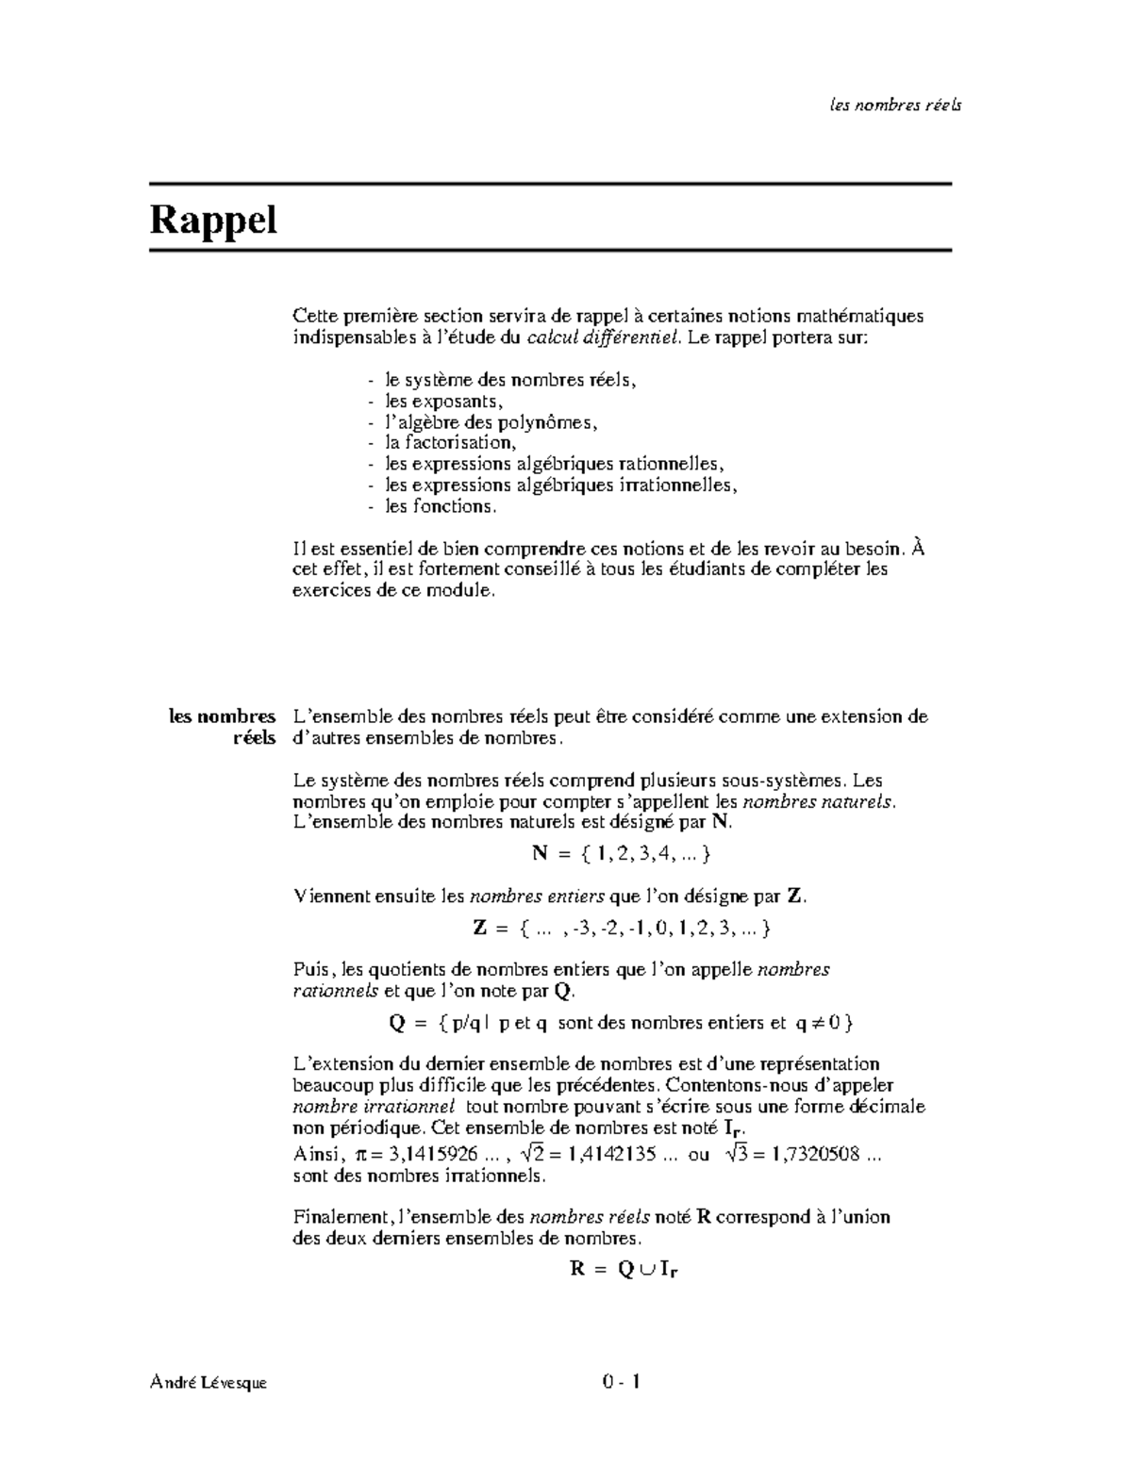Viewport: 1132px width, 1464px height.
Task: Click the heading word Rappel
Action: coord(213,221)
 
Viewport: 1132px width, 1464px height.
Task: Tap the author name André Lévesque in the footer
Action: coord(208,1383)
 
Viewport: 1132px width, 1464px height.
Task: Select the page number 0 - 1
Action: coord(622,1382)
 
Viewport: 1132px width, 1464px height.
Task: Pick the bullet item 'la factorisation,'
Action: coord(450,442)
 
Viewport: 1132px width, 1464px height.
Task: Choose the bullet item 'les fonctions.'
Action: coord(440,506)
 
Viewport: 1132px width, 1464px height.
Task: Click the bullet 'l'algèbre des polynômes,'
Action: coord(491,422)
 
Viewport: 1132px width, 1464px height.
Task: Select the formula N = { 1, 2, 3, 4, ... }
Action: coord(621,854)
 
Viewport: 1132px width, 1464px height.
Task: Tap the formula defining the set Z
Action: coord(622,929)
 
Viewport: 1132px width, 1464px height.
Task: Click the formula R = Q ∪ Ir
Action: coord(624,1269)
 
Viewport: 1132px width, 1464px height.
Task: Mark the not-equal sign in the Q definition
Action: coord(821,1023)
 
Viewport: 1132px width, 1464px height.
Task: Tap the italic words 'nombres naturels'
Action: coord(817,802)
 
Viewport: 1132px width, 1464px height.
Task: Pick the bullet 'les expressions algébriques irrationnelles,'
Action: coord(560,485)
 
